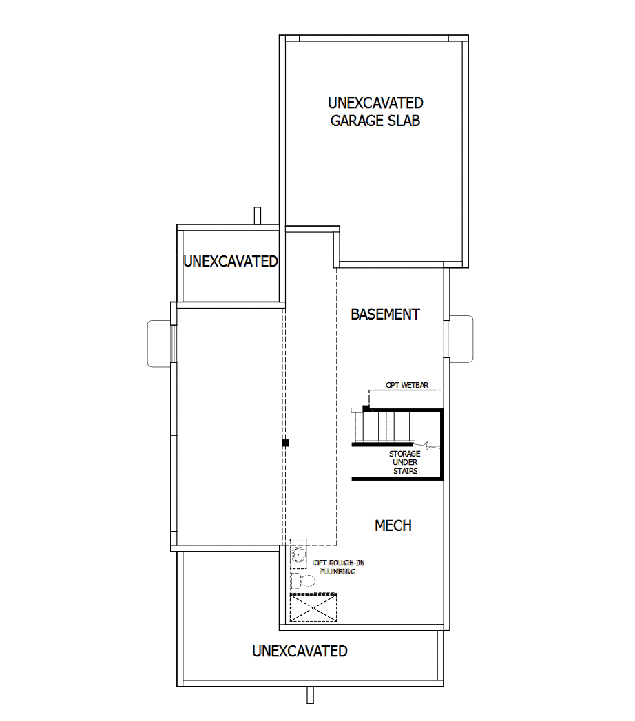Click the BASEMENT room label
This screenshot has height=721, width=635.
(x=385, y=314)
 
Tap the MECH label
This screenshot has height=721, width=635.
(x=393, y=525)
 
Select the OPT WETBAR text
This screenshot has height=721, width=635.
(x=406, y=385)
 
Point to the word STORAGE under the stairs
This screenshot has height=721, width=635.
(x=404, y=454)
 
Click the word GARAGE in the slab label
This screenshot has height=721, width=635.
(x=355, y=121)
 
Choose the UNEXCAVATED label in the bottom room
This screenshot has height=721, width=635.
(x=300, y=651)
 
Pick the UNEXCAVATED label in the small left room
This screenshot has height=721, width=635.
(x=230, y=262)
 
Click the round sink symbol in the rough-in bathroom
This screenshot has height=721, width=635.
(x=298, y=554)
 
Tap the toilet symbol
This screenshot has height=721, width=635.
(x=302, y=581)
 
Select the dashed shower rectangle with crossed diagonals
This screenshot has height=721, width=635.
(x=313, y=608)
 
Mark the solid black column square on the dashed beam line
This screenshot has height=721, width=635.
(x=285, y=443)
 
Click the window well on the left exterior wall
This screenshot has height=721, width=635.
(x=161, y=342)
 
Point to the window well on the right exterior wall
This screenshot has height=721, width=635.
(x=460, y=337)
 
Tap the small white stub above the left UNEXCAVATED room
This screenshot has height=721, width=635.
(x=258, y=216)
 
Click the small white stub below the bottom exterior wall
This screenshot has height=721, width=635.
(x=311, y=695)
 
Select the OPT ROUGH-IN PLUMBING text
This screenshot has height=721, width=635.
(x=338, y=567)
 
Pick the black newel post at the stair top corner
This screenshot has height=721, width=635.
(x=366, y=408)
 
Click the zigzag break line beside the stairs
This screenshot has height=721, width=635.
(x=428, y=446)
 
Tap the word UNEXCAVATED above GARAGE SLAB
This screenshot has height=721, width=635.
(x=375, y=103)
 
